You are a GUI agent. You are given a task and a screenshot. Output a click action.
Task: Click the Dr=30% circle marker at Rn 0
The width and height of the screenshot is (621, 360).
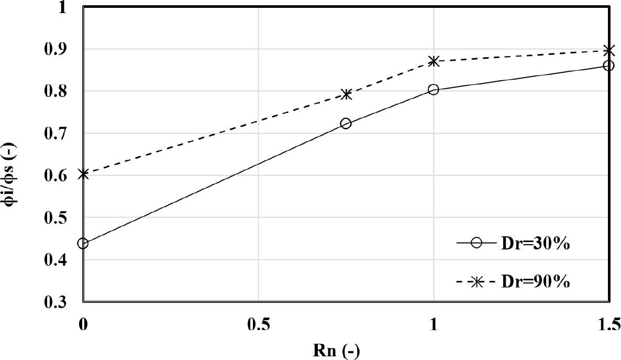tap(83, 243)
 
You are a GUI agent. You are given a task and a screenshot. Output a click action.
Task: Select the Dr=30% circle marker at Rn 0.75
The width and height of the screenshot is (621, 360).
tap(346, 124)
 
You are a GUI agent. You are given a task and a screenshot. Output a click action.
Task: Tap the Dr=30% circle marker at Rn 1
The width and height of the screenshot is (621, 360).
tap(433, 90)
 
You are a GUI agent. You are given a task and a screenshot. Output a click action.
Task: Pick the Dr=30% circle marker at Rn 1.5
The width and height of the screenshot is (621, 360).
tap(608, 66)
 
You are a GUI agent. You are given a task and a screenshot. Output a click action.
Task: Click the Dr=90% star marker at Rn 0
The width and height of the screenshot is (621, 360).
tap(83, 174)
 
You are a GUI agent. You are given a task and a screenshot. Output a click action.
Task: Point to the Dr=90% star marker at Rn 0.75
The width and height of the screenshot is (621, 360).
tap(346, 94)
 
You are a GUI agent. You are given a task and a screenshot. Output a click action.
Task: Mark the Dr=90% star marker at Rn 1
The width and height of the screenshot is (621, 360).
tap(433, 61)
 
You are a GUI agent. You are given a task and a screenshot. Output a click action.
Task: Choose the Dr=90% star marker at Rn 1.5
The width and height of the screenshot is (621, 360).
tap(608, 50)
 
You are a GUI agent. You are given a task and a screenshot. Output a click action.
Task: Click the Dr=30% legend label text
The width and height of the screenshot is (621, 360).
tap(535, 244)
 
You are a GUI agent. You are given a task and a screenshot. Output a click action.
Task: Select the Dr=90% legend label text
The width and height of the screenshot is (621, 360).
tap(535, 282)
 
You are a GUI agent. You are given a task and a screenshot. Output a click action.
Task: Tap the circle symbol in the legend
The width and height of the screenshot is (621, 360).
tap(476, 244)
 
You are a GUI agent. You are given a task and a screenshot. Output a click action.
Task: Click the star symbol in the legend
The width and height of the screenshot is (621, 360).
tap(476, 282)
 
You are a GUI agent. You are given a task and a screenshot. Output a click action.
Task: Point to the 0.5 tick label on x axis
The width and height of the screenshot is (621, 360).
tap(259, 324)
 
